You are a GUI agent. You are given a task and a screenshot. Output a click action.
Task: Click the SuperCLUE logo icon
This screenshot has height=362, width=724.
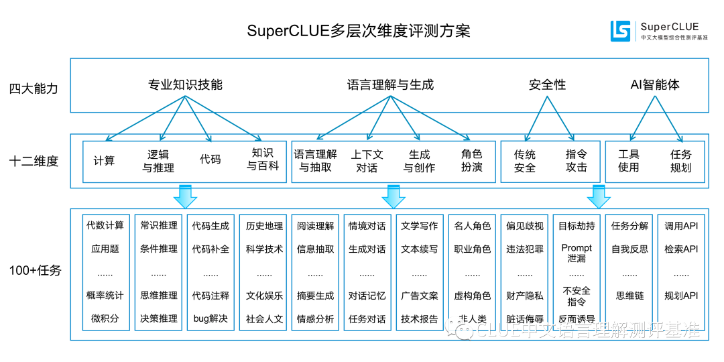[x=621, y=31]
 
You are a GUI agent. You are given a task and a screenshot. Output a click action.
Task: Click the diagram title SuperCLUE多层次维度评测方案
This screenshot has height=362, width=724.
[x=359, y=31]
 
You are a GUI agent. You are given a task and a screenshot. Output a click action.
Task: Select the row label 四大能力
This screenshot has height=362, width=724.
[x=34, y=88]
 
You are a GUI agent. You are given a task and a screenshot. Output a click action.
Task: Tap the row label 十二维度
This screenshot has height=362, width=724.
[x=34, y=161]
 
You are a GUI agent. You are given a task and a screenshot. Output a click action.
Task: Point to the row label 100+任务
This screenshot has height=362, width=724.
[x=35, y=271]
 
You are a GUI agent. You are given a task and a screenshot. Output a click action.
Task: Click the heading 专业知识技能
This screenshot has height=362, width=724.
[x=185, y=85]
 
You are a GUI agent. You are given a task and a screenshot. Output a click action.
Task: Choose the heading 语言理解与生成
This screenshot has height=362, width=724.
[x=390, y=85]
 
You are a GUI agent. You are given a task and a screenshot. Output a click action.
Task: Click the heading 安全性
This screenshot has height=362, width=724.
[x=547, y=85]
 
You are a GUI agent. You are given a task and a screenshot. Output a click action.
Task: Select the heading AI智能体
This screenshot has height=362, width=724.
[x=655, y=85]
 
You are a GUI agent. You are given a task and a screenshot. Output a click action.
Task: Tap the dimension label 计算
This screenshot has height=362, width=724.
[x=104, y=161]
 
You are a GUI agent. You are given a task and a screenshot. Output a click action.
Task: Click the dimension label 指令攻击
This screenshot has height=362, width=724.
[x=576, y=161]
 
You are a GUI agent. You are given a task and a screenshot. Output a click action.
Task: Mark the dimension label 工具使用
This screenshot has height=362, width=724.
[x=628, y=161]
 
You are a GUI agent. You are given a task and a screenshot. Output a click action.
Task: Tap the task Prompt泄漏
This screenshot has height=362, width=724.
[x=577, y=253]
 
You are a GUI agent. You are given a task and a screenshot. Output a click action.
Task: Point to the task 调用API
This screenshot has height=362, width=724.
[x=681, y=226]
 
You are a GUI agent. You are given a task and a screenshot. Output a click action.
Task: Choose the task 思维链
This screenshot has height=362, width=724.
[x=629, y=296]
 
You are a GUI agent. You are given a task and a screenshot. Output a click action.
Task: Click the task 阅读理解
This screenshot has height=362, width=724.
[x=315, y=226]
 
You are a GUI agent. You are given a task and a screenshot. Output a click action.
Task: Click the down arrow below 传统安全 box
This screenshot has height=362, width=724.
[x=599, y=196]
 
